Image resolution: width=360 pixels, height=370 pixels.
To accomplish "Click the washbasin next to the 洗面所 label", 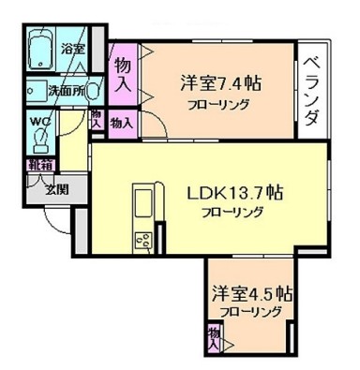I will point(35,92).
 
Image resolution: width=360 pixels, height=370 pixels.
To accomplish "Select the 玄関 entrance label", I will point(56,187).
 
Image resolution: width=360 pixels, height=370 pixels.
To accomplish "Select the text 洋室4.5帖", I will point(249,292).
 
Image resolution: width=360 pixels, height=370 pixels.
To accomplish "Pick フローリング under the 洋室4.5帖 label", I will point(249,313).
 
